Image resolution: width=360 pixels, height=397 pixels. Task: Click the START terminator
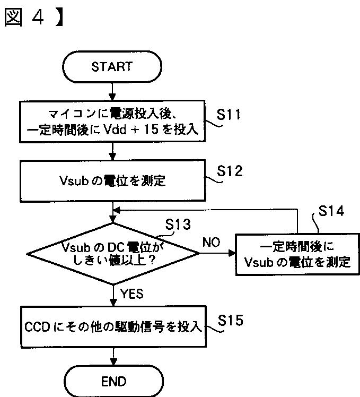(112, 66)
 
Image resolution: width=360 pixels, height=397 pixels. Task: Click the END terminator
(113, 381)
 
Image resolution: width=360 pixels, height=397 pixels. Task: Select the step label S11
(229, 115)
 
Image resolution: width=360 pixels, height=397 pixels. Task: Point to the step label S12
(230, 171)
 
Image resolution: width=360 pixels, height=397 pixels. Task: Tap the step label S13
(178, 225)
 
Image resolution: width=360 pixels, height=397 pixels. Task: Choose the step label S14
(331, 211)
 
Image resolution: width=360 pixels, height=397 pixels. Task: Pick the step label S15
(231, 320)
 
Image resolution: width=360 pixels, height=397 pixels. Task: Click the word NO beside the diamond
(211, 243)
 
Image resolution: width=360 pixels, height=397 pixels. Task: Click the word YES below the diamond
(132, 294)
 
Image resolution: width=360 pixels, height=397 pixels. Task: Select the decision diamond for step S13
(113, 254)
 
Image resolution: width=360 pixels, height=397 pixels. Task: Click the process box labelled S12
(112, 181)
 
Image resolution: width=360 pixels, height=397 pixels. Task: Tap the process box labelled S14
(297, 254)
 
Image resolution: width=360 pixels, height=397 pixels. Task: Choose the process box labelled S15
(113, 326)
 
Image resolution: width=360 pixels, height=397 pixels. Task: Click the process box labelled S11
(112, 122)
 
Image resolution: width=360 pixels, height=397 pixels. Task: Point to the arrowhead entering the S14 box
(232, 253)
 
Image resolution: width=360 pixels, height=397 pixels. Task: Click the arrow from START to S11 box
(112, 91)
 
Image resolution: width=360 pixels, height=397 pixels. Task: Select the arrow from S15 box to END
(113, 357)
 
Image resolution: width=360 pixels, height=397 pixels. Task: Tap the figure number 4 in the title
(38, 17)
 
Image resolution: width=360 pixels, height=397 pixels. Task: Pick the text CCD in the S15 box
(37, 326)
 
